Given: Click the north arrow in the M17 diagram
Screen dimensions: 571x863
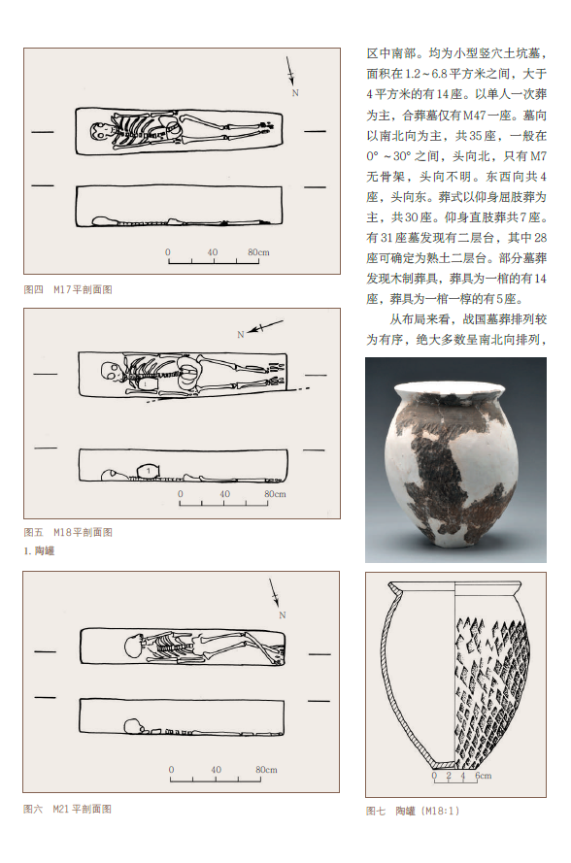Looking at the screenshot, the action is click(290, 71).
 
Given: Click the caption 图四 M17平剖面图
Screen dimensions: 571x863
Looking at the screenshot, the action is click(68, 289).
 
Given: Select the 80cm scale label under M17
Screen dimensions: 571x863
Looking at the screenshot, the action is click(258, 252).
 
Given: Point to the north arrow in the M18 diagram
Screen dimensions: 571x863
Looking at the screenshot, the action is click(265, 326).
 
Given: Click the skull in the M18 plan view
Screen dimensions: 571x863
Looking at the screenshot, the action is click(112, 371).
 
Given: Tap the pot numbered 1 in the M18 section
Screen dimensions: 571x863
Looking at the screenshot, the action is click(148, 471).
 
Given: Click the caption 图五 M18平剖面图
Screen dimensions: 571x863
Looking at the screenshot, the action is click(68, 532).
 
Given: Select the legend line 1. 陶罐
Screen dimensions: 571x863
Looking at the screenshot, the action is click(39, 551).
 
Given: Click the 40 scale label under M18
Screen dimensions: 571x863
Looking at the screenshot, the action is click(224, 494).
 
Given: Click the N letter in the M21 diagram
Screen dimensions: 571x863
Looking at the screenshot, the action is click(283, 615).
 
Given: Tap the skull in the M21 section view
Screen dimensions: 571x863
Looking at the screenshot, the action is click(133, 726).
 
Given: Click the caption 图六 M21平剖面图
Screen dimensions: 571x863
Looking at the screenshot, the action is click(67, 809).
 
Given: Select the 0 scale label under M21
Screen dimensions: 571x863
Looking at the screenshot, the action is click(171, 770).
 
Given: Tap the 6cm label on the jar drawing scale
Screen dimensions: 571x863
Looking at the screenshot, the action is click(484, 776).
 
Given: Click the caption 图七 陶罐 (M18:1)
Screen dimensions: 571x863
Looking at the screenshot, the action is click(413, 811).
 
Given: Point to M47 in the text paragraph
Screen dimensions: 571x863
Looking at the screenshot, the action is click(475, 115).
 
